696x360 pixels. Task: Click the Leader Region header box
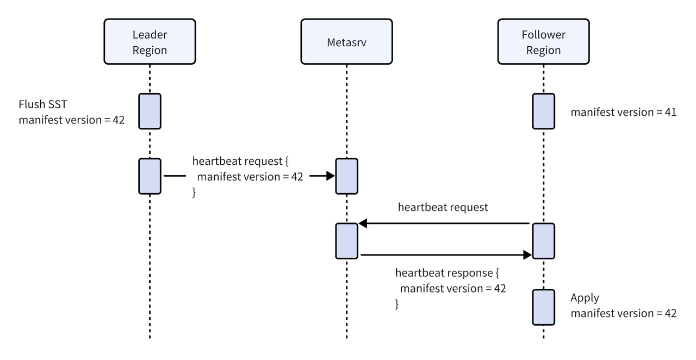click(x=150, y=42)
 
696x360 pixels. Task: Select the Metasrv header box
click(x=346, y=42)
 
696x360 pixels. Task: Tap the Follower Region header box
click(x=543, y=42)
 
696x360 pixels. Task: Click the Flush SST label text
click(x=42, y=104)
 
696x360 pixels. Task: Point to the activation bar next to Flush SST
click(x=150, y=111)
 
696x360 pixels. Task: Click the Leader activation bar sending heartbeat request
click(x=150, y=176)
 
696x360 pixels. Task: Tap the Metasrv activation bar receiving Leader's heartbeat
click(x=346, y=176)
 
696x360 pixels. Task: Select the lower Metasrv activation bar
click(x=346, y=240)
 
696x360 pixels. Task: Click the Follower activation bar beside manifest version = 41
click(x=543, y=111)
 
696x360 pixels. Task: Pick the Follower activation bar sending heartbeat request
click(x=543, y=240)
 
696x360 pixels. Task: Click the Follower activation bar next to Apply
click(x=543, y=307)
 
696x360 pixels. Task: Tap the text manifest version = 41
click(x=623, y=113)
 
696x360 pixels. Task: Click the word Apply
click(x=585, y=298)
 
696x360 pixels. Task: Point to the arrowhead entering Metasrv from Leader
click(x=330, y=176)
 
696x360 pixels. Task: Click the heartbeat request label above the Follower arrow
click(x=443, y=207)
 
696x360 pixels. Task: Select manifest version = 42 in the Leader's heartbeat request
click(x=250, y=176)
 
